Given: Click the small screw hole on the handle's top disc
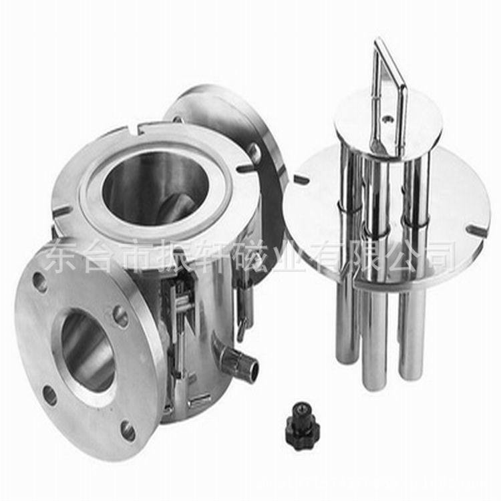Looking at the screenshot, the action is (387, 119).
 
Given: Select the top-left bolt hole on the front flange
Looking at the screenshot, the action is (41, 281).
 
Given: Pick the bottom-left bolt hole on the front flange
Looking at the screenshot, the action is (50, 395).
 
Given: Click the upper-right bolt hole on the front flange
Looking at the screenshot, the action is (121, 316).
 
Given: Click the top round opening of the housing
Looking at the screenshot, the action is (155, 188).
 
